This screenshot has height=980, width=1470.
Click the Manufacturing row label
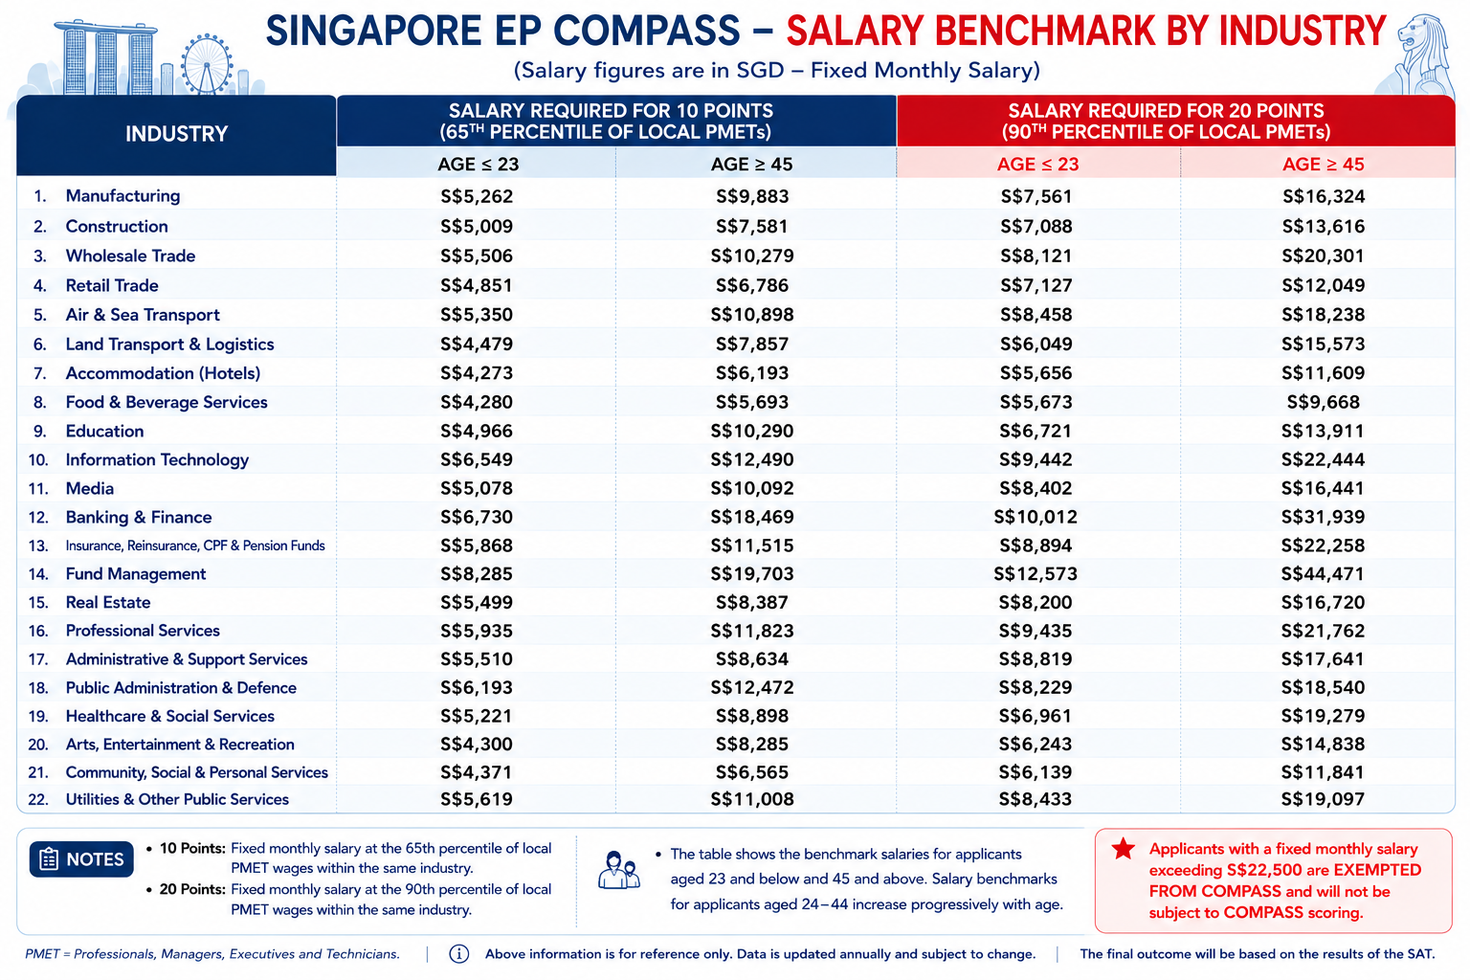click(x=122, y=196)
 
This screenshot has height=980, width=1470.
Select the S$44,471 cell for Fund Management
click(x=1323, y=574)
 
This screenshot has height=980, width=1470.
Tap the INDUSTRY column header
click(x=176, y=134)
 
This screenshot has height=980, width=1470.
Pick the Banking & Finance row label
click(x=139, y=517)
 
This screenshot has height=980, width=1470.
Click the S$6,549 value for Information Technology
click(x=477, y=459)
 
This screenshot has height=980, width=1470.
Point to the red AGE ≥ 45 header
click(x=1323, y=164)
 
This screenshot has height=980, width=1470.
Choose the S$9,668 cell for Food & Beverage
click(x=1323, y=402)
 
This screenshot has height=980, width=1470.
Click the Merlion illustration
click(x=1417, y=56)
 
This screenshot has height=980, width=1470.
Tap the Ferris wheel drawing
click(x=207, y=64)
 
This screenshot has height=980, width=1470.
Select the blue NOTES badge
click(x=81, y=859)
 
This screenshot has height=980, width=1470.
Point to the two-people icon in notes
click(x=619, y=870)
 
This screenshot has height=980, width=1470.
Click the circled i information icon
click(x=458, y=954)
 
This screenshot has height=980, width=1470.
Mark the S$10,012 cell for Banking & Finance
click(x=1036, y=517)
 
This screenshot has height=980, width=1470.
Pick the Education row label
click(x=104, y=432)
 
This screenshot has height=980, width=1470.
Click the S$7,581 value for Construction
click(x=752, y=227)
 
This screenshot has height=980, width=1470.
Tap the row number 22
click(x=38, y=799)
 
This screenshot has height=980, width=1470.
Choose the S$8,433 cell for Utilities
click(x=1036, y=799)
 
